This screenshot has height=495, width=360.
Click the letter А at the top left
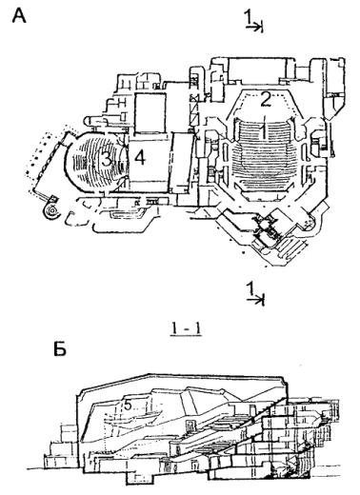[x=19, y=16]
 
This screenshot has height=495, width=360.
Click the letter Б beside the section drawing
[x=60, y=349]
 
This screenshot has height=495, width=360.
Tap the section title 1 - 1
[x=187, y=329]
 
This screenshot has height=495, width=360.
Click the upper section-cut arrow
[x=254, y=28]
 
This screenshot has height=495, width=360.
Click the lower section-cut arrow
[x=256, y=300]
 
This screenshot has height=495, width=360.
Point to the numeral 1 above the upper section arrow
[x=249, y=16]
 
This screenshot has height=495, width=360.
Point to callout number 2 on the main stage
[x=266, y=99]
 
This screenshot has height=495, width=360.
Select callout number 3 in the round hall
[x=106, y=158]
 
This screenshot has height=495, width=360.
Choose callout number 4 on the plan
[x=140, y=158]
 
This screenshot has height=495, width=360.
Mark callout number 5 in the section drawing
[x=128, y=405]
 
